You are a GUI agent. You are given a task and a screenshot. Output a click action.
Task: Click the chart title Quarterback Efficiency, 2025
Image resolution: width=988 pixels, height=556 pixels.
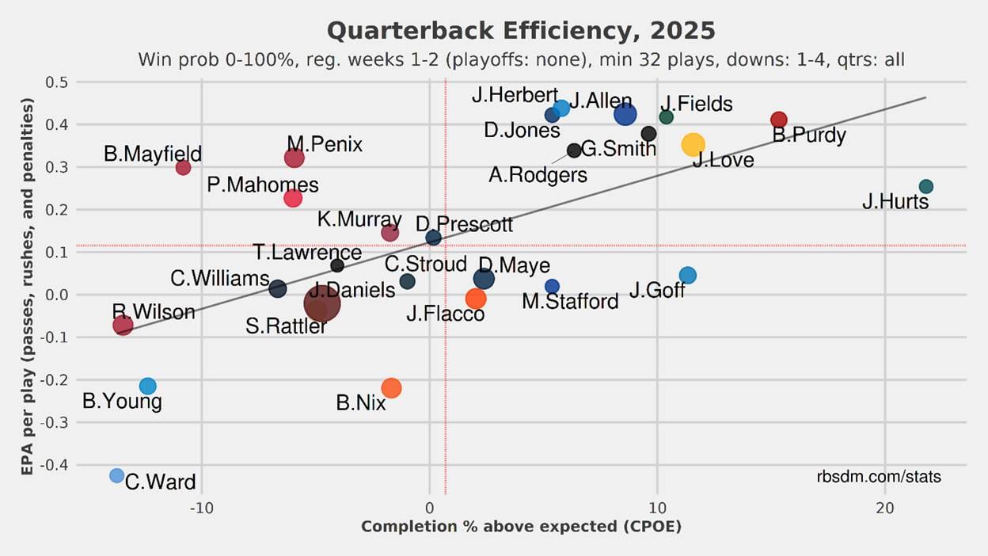(x=521, y=31)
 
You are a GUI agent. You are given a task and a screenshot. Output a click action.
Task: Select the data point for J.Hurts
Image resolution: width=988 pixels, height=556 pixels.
(x=925, y=187)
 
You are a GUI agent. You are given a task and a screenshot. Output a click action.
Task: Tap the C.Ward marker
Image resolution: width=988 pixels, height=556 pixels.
(x=117, y=475)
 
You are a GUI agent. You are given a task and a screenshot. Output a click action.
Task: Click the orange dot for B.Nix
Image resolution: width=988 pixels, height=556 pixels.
(x=391, y=388)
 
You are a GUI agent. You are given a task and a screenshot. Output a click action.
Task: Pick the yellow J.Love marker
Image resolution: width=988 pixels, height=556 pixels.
(x=693, y=144)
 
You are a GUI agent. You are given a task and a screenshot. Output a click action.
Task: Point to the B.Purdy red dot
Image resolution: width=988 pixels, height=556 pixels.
(x=779, y=120)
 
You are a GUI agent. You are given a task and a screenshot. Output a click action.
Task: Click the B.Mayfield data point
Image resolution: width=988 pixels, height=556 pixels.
(x=183, y=167)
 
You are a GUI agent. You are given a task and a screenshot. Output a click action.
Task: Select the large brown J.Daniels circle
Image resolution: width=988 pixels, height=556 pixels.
(x=322, y=303)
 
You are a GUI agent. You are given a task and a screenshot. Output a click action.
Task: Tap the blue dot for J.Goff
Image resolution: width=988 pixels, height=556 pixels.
(x=688, y=276)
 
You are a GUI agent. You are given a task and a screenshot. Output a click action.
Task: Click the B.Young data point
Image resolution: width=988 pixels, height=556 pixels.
(x=148, y=386)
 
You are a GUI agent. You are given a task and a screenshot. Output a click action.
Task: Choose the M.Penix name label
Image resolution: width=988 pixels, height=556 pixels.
(x=325, y=144)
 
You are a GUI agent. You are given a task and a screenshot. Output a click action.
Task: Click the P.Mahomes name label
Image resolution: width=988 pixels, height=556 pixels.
(x=263, y=185)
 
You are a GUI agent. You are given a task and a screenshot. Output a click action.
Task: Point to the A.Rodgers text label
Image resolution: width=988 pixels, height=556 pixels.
(x=538, y=175)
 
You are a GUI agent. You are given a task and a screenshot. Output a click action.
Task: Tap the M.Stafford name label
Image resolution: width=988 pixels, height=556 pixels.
(x=570, y=302)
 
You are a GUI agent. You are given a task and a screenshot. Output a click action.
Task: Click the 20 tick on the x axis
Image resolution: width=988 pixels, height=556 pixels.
(x=884, y=508)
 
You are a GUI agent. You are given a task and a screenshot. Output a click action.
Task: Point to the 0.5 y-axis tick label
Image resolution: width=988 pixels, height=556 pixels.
(x=55, y=82)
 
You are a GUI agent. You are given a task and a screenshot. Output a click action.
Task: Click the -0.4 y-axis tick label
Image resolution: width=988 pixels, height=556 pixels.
(x=53, y=465)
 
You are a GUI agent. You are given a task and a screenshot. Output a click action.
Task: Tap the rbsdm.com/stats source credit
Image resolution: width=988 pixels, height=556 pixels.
(x=879, y=477)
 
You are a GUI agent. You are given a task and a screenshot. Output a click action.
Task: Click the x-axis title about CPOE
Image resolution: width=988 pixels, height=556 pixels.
(x=521, y=527)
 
